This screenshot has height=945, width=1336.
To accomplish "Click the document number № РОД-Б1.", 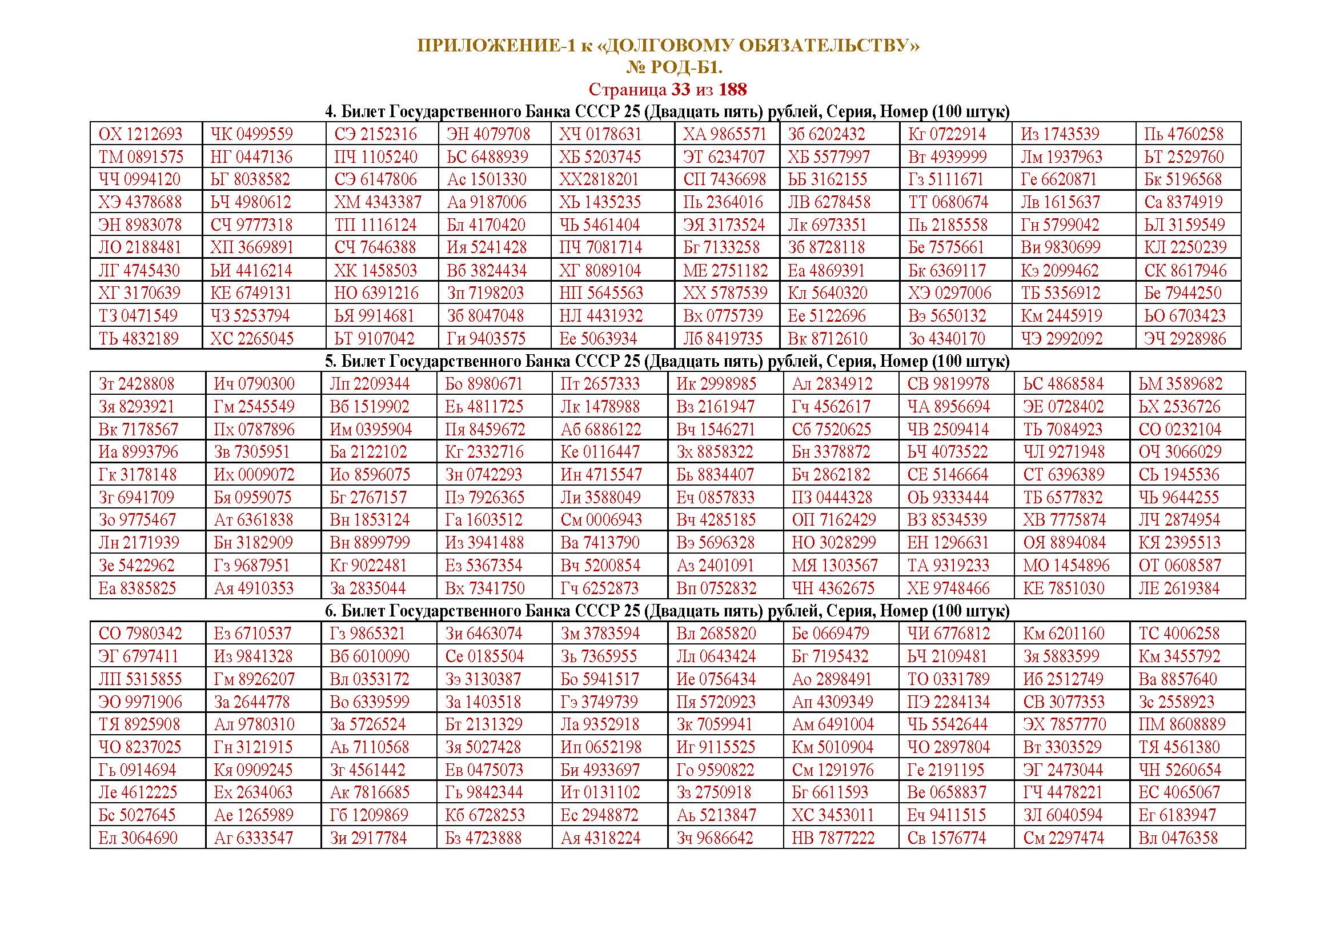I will (674, 68).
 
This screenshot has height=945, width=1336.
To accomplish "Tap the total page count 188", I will (733, 90).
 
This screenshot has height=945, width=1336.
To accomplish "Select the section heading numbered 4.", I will (667, 112).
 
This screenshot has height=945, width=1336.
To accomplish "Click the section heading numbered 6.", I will (667, 611).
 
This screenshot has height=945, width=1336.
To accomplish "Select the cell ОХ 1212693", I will (141, 134).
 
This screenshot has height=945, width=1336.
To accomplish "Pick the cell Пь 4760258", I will (1183, 134).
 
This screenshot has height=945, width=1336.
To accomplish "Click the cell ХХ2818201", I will (599, 180).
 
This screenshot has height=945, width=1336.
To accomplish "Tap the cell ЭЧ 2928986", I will (1185, 339).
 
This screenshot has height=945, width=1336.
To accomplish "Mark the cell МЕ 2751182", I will (725, 271).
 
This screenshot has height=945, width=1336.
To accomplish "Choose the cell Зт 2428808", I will (136, 384).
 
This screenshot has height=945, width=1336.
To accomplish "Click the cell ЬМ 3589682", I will (1181, 384).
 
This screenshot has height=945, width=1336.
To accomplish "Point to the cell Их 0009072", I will (254, 475).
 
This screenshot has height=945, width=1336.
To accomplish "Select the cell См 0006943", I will (601, 519).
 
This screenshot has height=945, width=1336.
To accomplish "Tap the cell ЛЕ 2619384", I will (1179, 588).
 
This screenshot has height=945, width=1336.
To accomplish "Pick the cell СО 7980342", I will (141, 634).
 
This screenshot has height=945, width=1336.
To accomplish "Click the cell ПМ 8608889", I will (1182, 724).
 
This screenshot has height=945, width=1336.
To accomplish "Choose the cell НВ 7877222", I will (833, 839).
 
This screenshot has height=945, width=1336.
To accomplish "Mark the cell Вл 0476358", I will (1178, 839).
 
